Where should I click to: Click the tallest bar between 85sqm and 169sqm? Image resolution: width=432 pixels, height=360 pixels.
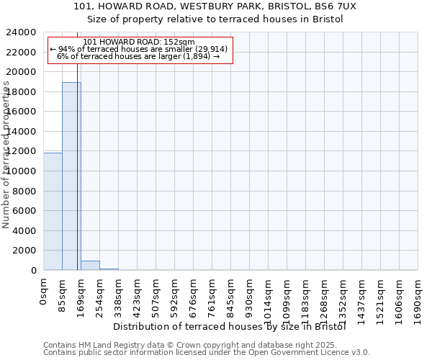point(71,176)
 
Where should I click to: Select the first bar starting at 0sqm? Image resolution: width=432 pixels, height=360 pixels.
point(53,212)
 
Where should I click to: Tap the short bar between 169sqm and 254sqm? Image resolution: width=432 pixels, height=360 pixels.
point(90,266)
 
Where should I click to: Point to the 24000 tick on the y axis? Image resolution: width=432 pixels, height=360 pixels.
point(24,32)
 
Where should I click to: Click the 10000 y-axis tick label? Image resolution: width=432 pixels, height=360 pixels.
point(24,171)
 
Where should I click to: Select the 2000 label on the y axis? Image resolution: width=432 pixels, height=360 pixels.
point(27,251)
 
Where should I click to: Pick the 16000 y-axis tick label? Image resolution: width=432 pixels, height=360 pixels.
point(24,112)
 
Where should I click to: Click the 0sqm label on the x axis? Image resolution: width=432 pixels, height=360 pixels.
point(44,292)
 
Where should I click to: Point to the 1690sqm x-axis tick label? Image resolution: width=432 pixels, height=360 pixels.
point(418,299)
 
